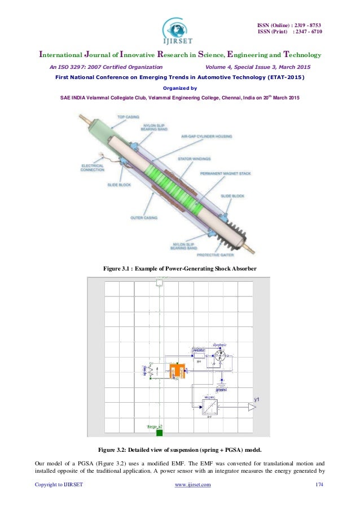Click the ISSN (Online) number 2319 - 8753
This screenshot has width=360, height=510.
(x=289, y=25)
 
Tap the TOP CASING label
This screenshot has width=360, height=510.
(x=128, y=117)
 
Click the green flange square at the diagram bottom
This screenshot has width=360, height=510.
(x=159, y=433)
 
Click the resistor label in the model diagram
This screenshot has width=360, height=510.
(x=199, y=350)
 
